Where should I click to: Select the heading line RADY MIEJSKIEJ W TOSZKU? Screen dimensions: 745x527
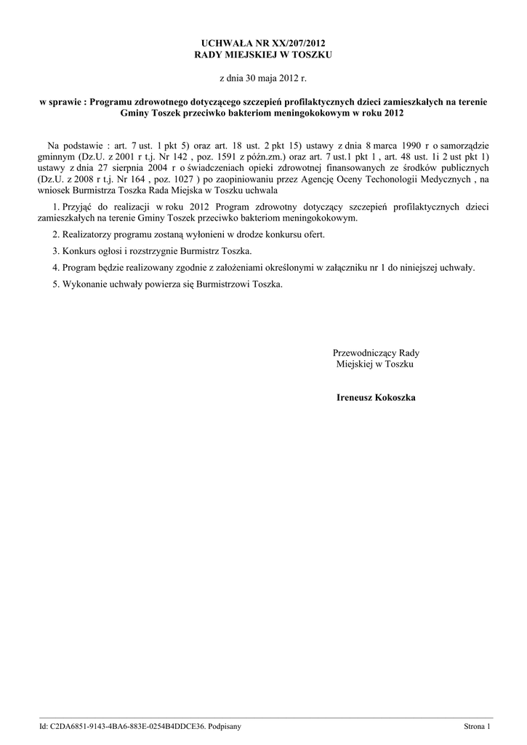click(263, 55)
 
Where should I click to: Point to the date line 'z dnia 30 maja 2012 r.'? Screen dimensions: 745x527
click(263, 76)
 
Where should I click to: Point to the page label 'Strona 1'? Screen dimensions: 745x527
click(478, 726)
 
